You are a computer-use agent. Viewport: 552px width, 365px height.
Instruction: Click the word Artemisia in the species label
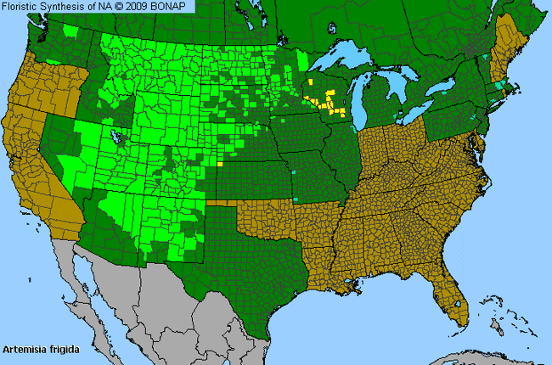(22, 349)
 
